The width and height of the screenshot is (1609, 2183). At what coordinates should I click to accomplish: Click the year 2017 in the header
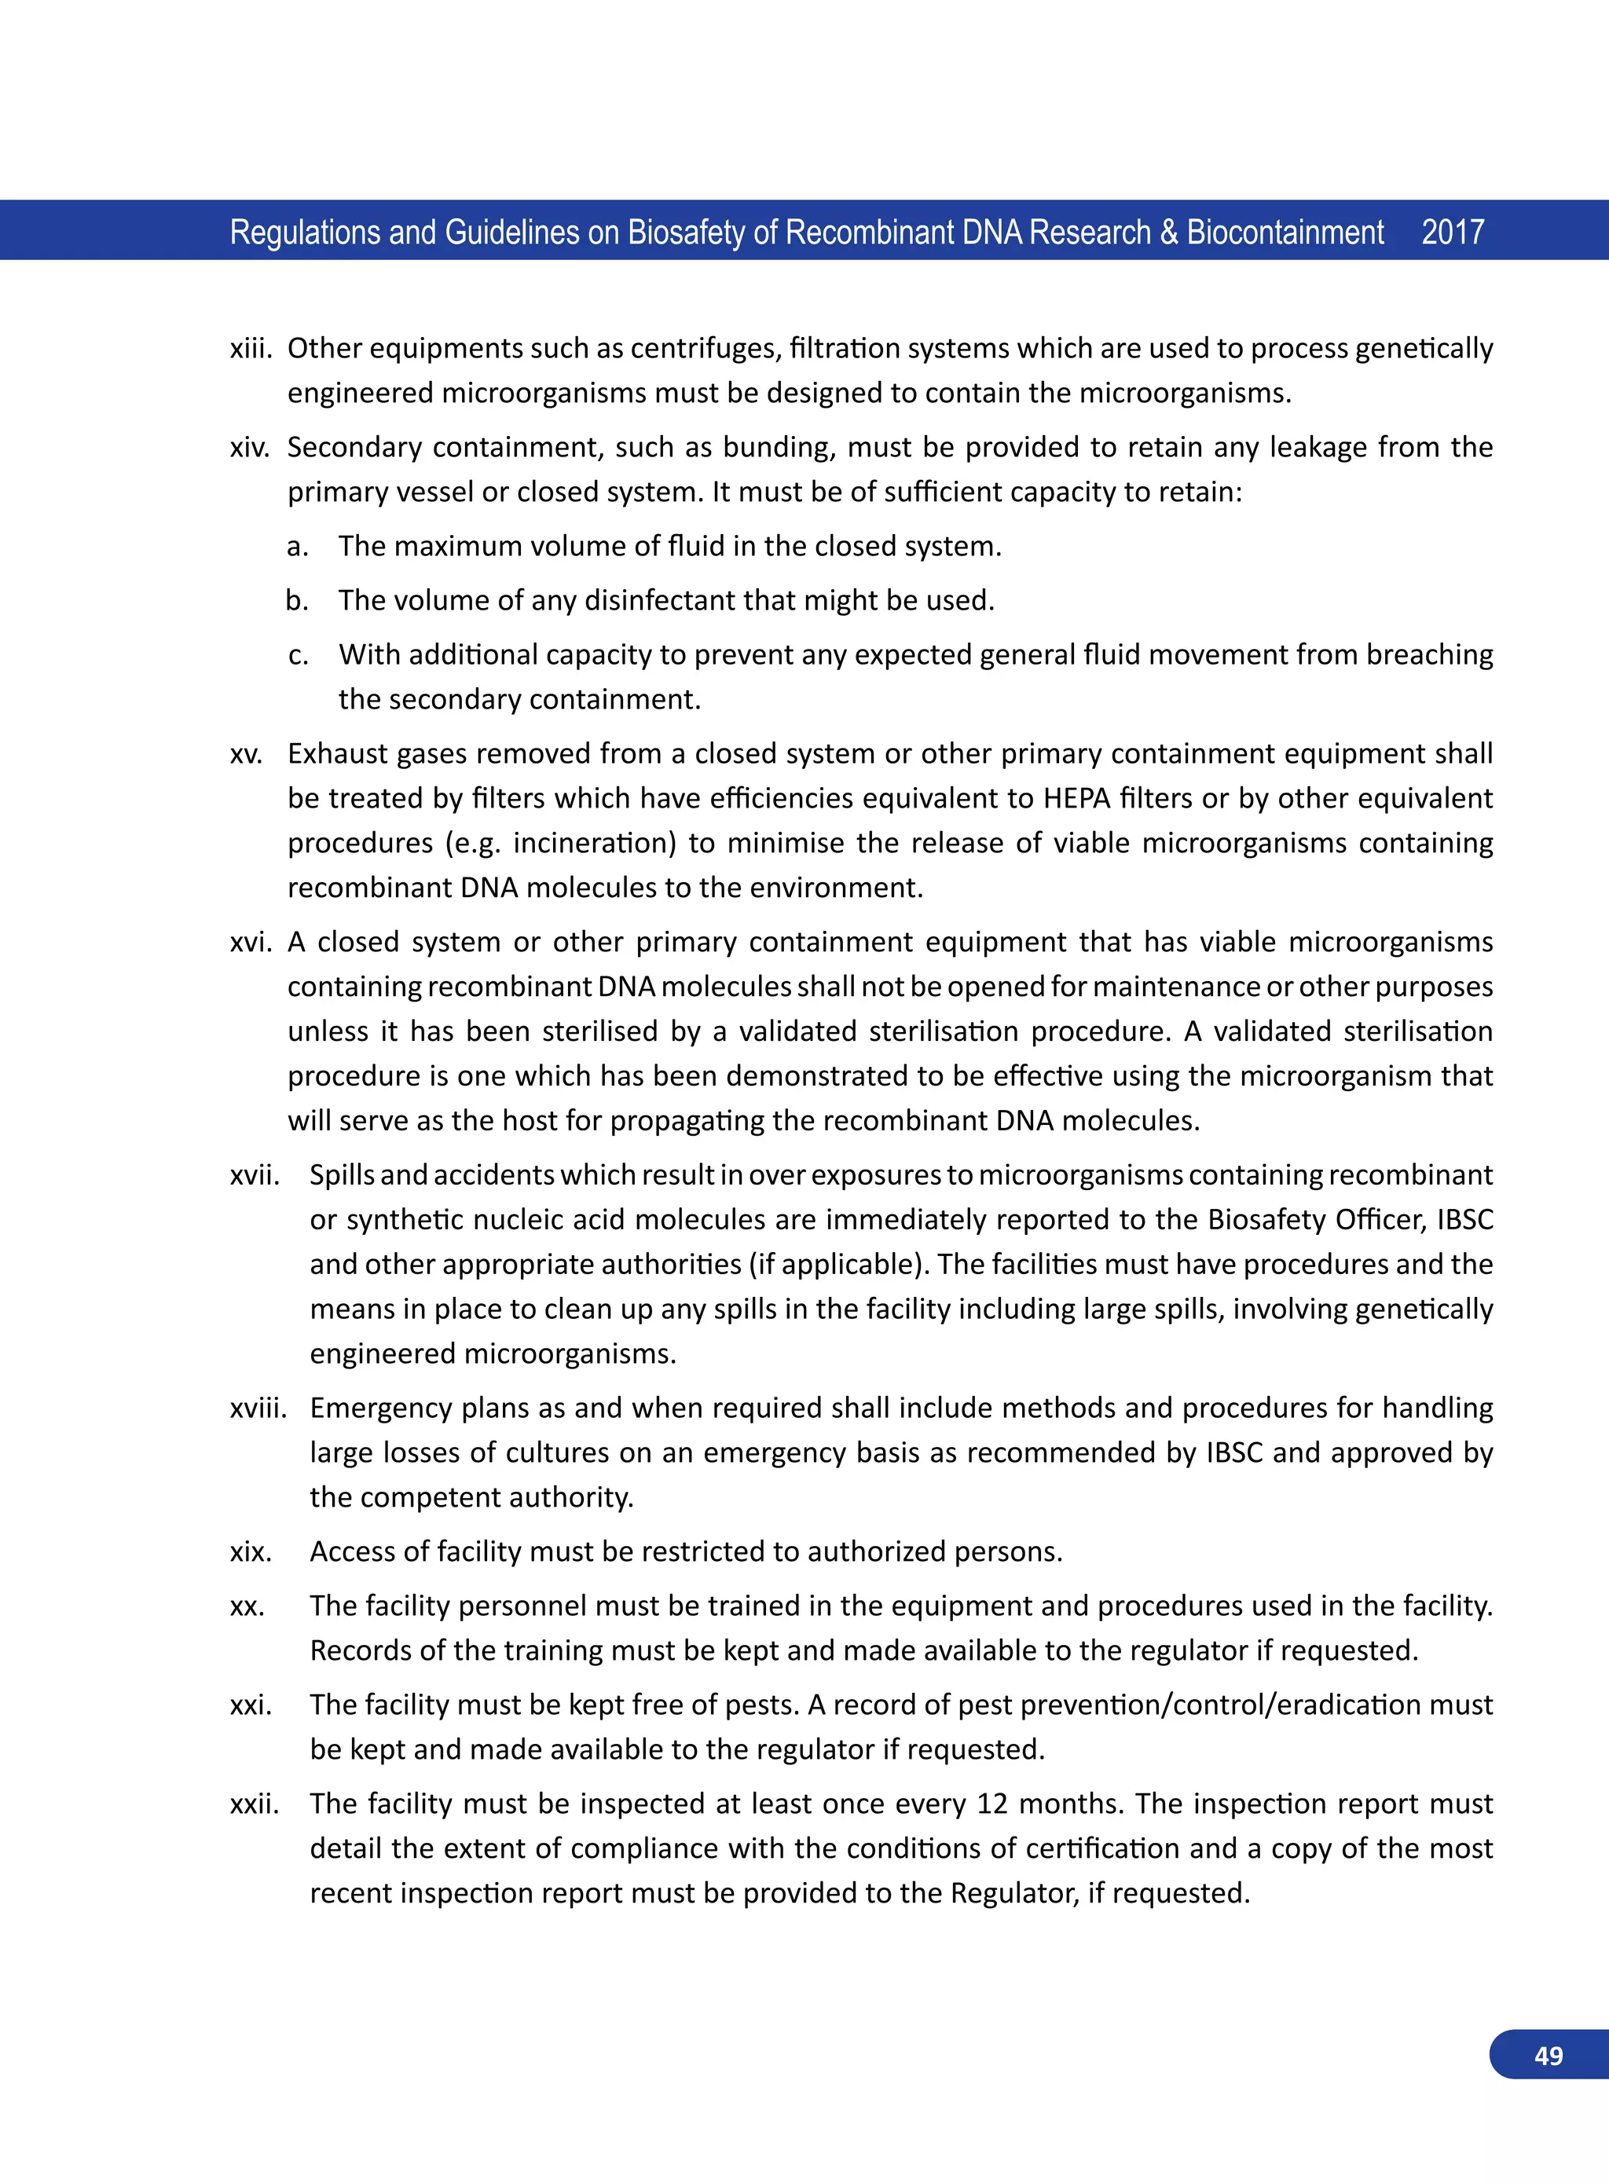1452,232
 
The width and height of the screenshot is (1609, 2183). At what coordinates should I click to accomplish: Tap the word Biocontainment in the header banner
1285,232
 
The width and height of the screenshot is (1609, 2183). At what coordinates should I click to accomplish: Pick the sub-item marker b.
296,600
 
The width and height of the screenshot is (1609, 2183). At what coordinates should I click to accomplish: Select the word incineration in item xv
594,843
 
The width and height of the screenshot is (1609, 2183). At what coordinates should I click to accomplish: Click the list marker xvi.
251,943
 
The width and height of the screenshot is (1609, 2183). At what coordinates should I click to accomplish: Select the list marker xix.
251,1552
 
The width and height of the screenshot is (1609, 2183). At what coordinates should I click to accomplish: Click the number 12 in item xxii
991,1804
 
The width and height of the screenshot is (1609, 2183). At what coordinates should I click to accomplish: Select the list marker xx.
247,1606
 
